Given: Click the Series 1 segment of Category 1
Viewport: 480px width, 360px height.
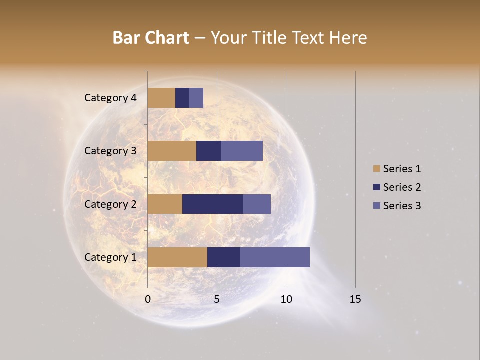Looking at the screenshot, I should point(177,257).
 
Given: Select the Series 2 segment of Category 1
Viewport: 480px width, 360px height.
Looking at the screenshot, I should point(224,257).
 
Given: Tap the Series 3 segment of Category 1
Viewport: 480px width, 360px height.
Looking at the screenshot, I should point(275,257).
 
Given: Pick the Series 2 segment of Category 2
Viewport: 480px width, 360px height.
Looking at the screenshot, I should point(213,204).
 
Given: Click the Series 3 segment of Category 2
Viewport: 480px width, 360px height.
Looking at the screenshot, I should point(257,204).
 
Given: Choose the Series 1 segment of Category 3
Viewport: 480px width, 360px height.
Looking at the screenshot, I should point(172,151).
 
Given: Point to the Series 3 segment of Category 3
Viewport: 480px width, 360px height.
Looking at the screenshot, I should point(242,151).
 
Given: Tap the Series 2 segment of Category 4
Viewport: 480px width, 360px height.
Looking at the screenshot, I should point(182,98).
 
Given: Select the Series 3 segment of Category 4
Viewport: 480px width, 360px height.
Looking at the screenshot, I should point(196,98).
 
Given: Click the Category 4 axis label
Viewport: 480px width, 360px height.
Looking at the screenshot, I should point(110,98).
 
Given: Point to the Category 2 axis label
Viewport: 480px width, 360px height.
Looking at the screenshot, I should point(110,204).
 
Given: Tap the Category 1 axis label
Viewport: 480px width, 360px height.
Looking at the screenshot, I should point(110,257).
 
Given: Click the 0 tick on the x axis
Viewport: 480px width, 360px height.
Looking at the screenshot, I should point(148,299).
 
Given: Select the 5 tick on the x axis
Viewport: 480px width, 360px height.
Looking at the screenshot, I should point(217,299).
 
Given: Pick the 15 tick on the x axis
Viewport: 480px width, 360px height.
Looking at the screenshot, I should point(355,299).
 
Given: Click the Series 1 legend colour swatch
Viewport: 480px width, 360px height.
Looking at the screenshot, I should point(376,169).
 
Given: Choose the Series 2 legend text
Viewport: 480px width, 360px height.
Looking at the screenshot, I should point(402,187).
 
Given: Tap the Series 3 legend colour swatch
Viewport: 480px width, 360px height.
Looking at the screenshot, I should point(376,206).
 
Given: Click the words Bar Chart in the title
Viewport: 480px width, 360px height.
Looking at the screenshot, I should point(151,37).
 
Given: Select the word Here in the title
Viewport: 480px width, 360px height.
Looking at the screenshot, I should point(348,37).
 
